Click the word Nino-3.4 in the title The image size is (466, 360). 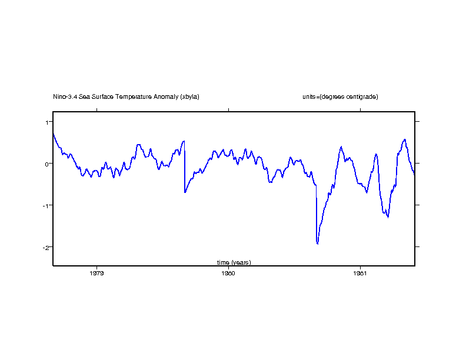point(65,96)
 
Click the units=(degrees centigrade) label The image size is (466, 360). point(336,96)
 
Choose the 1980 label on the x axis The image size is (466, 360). point(228,273)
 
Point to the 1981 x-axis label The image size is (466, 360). point(360,273)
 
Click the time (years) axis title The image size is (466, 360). point(234,262)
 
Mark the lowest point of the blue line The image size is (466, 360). point(318,244)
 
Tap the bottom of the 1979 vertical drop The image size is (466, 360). point(185,192)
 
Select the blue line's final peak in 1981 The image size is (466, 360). point(405,139)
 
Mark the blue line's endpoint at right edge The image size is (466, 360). point(414,175)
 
